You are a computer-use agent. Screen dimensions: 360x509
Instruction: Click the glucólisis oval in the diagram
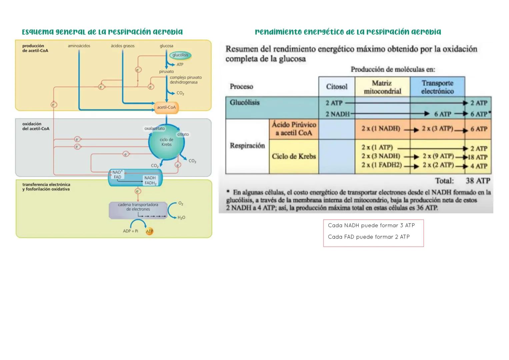180,55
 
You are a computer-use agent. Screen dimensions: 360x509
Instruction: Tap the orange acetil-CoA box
166,107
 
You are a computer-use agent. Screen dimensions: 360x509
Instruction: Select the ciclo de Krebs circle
166,142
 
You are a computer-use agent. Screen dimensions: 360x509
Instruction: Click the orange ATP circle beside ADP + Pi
149,231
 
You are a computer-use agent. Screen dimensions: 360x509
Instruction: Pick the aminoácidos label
79,46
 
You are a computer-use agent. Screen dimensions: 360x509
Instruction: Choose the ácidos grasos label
123,46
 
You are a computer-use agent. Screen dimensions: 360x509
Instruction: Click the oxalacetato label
154,128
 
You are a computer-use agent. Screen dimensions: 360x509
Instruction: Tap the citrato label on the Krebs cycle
183,134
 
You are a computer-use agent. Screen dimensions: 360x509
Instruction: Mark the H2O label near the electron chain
181,218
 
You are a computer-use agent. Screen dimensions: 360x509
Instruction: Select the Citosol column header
337,87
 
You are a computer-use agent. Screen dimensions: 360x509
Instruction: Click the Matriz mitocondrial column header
382,87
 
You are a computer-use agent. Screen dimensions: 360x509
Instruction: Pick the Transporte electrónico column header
437,87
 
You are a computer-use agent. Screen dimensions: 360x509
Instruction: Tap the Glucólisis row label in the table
245,103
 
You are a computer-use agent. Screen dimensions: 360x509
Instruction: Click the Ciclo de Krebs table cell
294,156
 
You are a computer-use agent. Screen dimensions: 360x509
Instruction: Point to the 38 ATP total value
478,181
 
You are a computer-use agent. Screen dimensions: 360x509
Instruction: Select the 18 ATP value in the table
478,157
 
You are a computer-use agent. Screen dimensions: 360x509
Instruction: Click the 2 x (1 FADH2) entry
381,165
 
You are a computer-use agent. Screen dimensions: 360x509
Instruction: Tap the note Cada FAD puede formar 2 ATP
369,237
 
